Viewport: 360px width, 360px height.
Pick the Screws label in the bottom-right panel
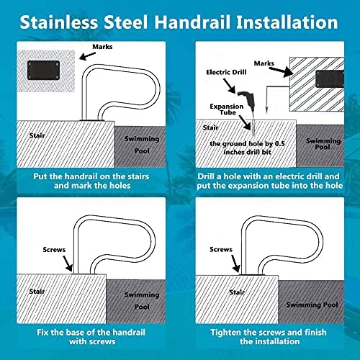tap(221, 249)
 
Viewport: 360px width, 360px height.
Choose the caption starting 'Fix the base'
tap(89, 338)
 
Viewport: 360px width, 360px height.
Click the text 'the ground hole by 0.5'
tap(248, 144)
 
